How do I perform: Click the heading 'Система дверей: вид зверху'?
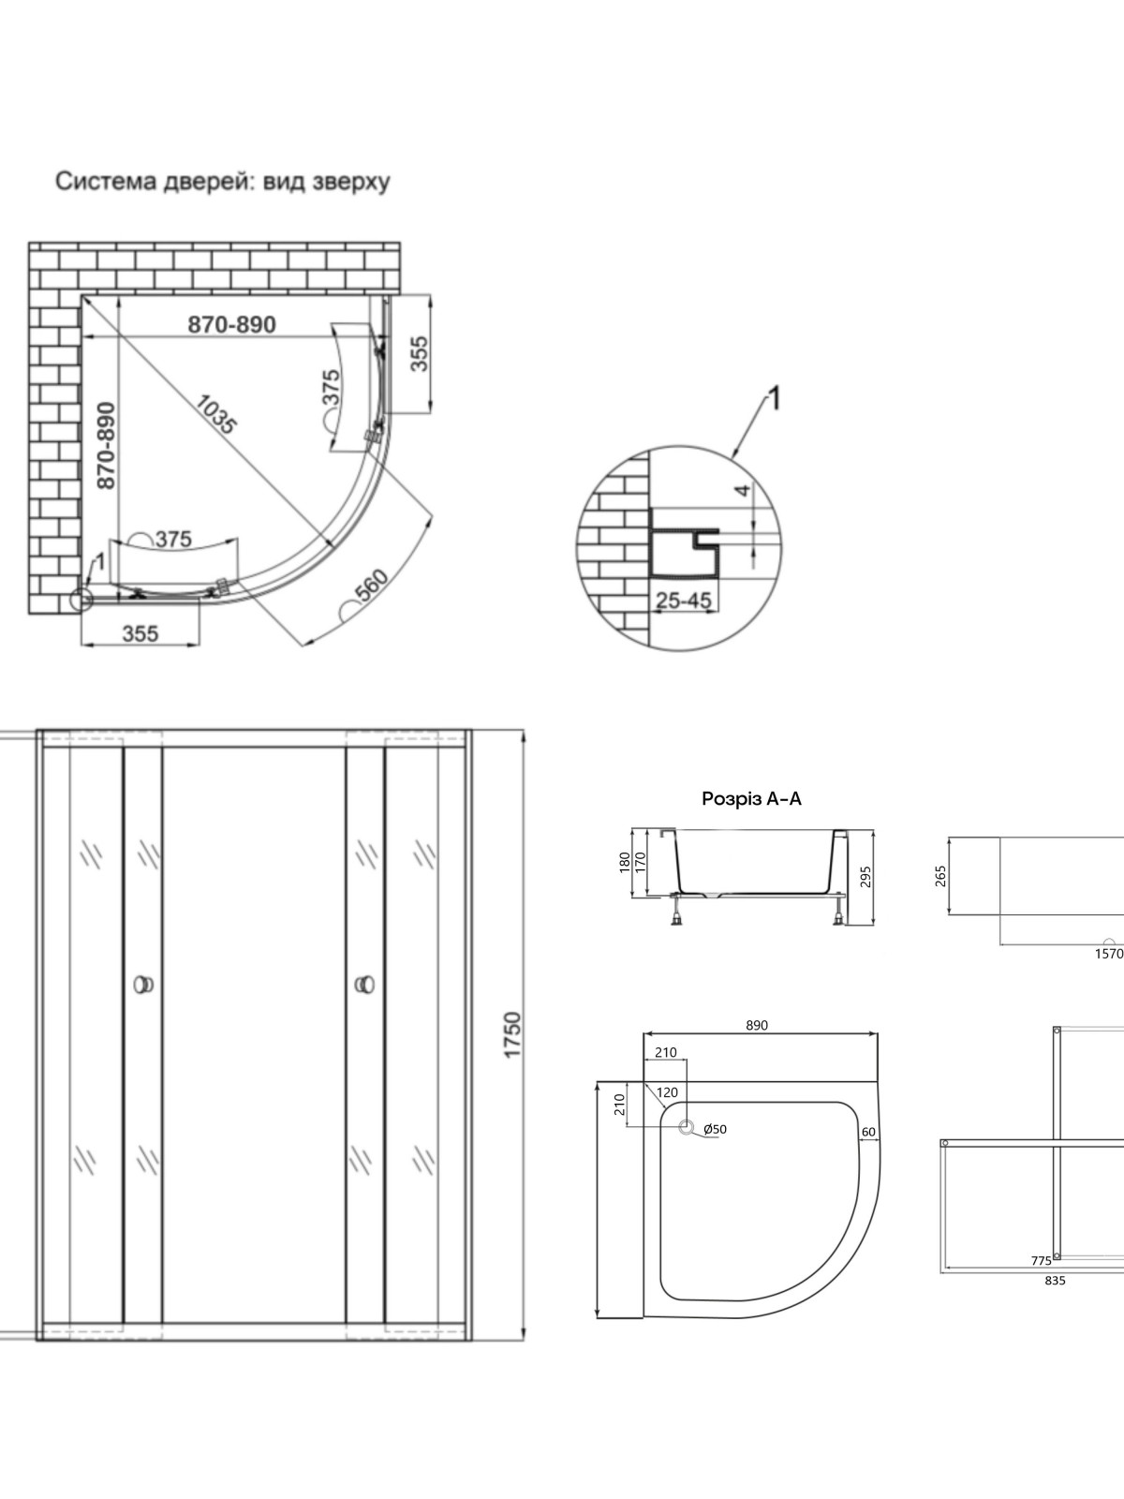click(223, 182)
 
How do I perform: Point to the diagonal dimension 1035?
click(216, 414)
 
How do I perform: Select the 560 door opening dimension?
click(372, 585)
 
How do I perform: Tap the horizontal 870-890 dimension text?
click(232, 324)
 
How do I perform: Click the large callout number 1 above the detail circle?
click(775, 398)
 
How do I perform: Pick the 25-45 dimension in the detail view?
click(683, 601)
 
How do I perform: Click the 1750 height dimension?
click(511, 1034)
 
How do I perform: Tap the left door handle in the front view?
click(143, 984)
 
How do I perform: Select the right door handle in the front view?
click(365, 984)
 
